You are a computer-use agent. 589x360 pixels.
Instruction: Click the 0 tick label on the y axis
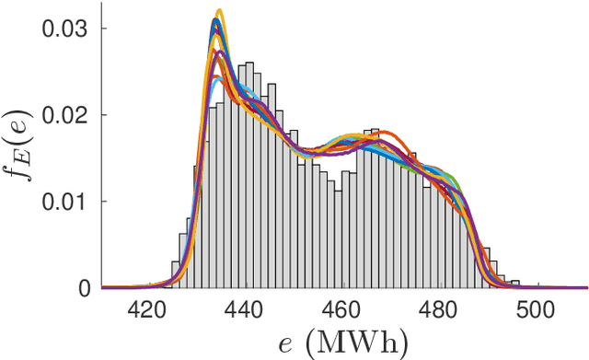pyautogui.click(x=84, y=288)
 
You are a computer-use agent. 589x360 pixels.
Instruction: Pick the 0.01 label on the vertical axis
pyautogui.click(x=64, y=202)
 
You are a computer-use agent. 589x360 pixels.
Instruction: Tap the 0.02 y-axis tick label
pyautogui.click(x=64, y=115)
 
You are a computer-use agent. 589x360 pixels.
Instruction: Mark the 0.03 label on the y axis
pyautogui.click(x=64, y=29)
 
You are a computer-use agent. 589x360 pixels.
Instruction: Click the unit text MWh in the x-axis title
pyautogui.click(x=364, y=343)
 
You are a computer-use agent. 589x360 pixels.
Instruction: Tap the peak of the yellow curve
pyautogui.click(x=219, y=12)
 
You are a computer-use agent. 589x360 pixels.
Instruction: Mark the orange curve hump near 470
pyautogui.click(x=381, y=134)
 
